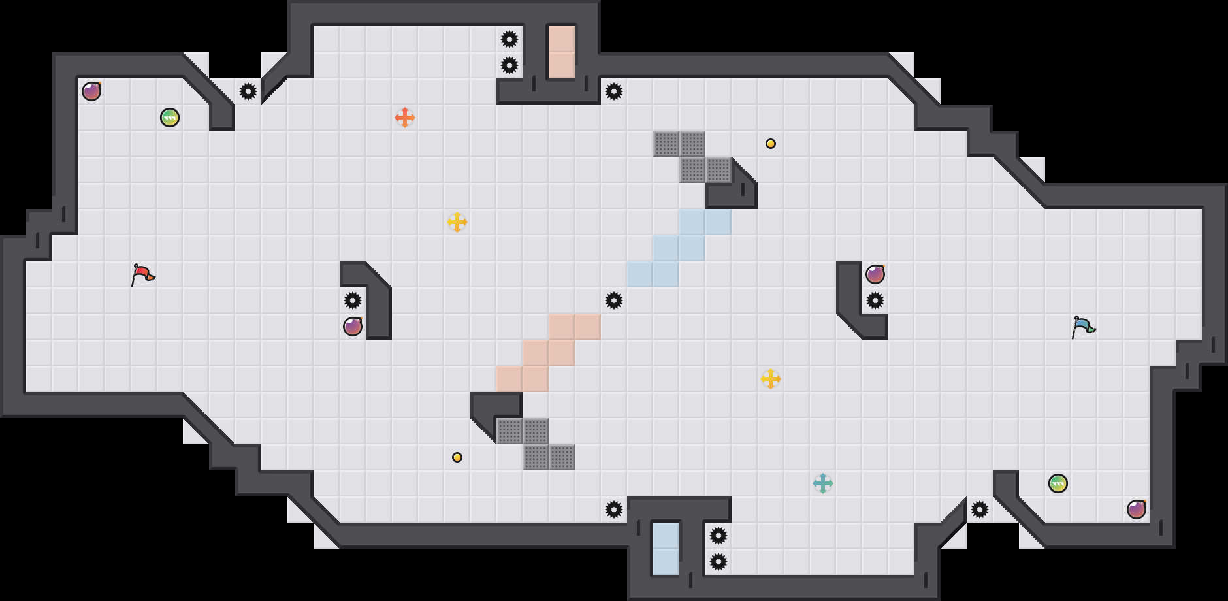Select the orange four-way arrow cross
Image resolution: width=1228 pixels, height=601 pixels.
[x=405, y=118]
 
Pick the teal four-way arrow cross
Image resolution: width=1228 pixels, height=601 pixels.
[x=823, y=483]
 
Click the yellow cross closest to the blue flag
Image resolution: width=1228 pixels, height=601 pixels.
[x=771, y=379]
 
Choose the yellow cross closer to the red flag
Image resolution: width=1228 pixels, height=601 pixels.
[x=457, y=222]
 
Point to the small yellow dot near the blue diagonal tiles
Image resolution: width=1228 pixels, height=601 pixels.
[x=771, y=144]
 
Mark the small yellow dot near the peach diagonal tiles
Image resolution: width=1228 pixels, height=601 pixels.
[x=457, y=457]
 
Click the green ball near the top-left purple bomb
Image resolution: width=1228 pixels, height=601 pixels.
[x=170, y=118]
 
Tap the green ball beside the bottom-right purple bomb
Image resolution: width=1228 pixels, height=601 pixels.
[x=1058, y=483]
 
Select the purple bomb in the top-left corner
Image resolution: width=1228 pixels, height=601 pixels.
[x=91, y=91]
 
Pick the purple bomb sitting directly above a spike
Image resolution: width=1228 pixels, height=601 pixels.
[x=875, y=274]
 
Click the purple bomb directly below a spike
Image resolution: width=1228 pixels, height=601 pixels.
[x=353, y=327]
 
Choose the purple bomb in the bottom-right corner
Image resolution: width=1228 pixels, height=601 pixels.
[x=1137, y=510]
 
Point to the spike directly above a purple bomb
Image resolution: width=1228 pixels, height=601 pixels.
[x=353, y=300]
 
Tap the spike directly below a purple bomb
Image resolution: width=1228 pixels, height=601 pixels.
[x=875, y=300]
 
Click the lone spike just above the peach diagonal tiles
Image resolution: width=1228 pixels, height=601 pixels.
[x=614, y=300]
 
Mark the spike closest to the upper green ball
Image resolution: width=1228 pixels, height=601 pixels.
[x=248, y=91]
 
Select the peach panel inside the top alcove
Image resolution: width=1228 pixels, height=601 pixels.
[x=562, y=52]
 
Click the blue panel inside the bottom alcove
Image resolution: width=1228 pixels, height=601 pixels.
[x=666, y=549]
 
